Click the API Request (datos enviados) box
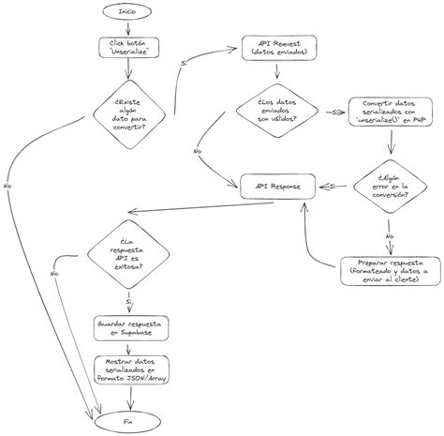pyautogui.click(x=277, y=48)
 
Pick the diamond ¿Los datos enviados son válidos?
pyautogui.click(x=277, y=111)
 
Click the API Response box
pyautogui.click(x=277, y=186)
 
